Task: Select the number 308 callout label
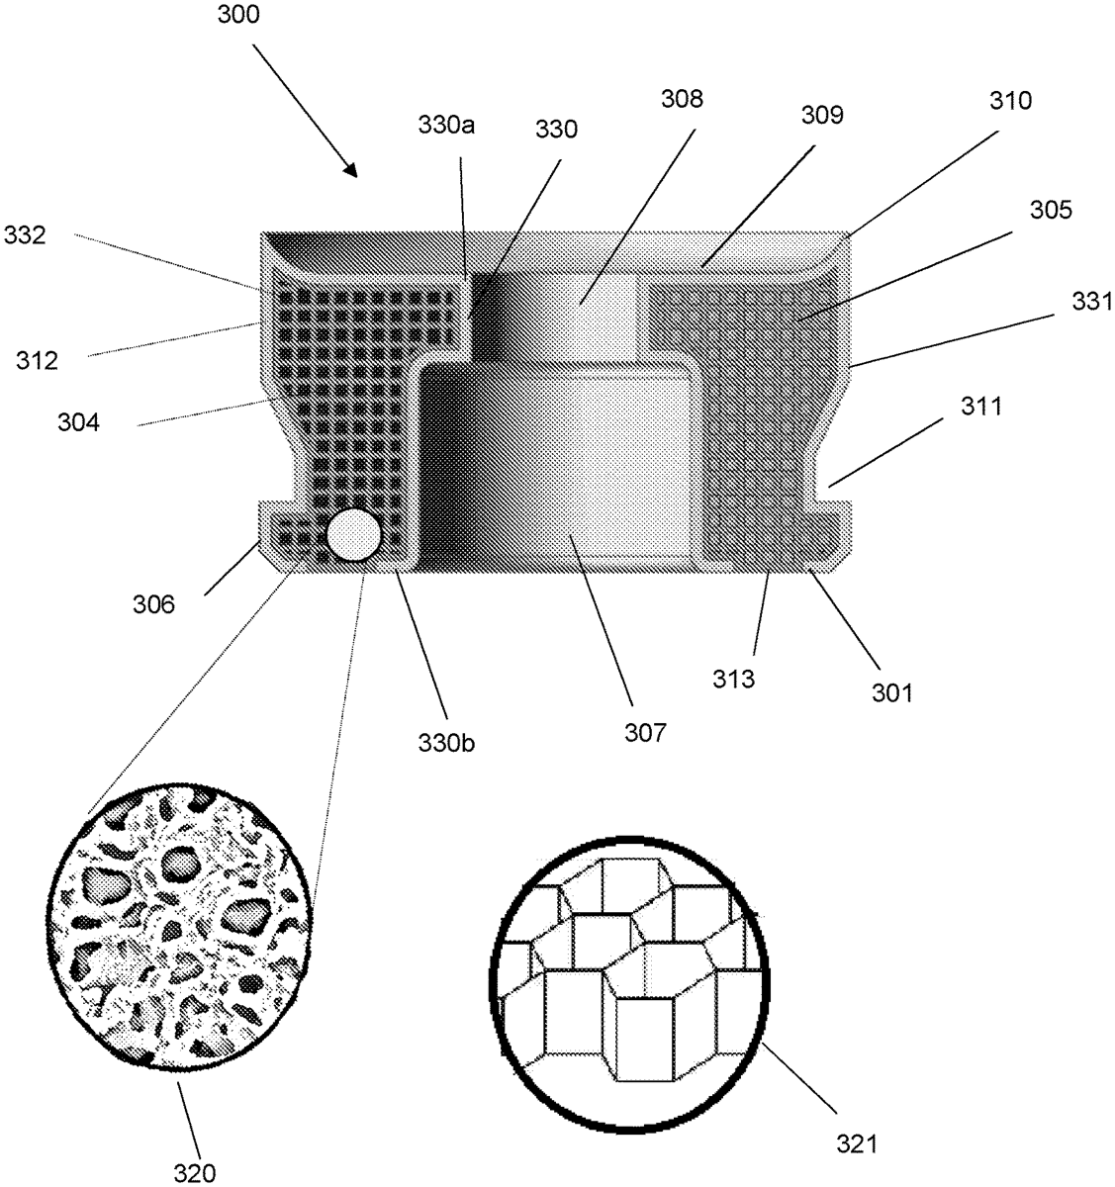coord(683,99)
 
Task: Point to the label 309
coord(823,115)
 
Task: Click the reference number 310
coord(1011,100)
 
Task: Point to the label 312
coord(37,360)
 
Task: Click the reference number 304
coord(78,422)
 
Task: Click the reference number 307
coord(645,732)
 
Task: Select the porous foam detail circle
coord(185,927)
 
